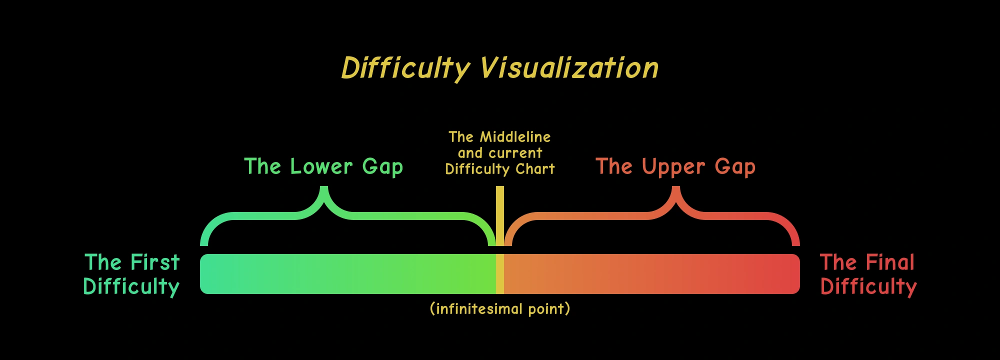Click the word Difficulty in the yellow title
click(x=405, y=68)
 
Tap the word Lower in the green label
click(x=321, y=166)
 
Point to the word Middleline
click(x=515, y=136)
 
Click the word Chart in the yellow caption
click(x=535, y=169)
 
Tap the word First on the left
click(x=154, y=262)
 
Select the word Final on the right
click(x=890, y=262)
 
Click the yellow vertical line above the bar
click(x=500, y=215)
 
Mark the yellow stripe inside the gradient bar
click(x=500, y=273)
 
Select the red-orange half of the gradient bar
click(x=650, y=273)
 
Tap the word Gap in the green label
click(x=382, y=167)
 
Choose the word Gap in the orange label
click(x=735, y=167)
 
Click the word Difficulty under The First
click(x=131, y=287)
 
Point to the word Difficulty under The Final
click(x=868, y=287)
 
